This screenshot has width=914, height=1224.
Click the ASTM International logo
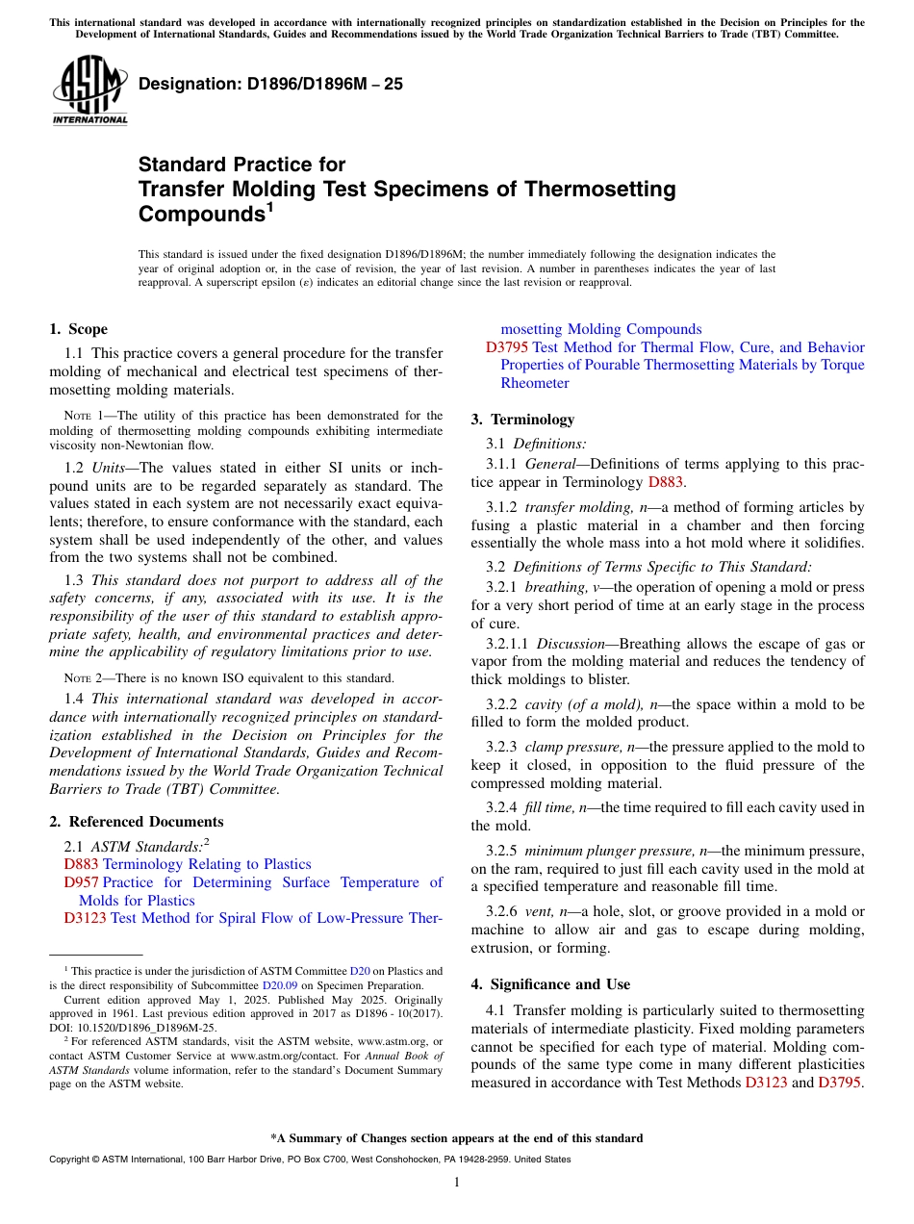pos(89,91)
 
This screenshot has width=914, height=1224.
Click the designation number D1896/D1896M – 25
pos(270,85)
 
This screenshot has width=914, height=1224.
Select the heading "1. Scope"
pos(79,329)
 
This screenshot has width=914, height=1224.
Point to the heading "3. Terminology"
pos(522,420)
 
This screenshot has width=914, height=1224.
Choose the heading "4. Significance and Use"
pos(550,984)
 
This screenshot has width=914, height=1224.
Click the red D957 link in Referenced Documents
pos(81,882)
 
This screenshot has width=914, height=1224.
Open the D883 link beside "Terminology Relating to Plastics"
pos(81,864)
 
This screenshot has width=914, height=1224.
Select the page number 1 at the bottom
pos(457,1182)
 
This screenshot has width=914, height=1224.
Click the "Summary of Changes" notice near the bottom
pos(457,1138)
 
